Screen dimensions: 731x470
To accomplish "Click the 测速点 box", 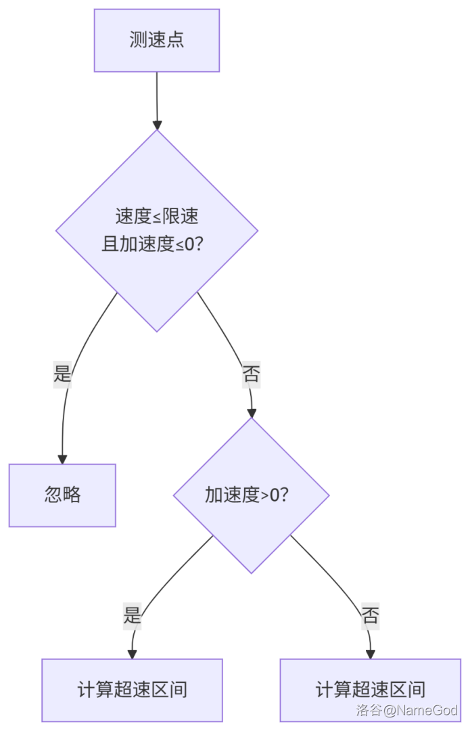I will [157, 40].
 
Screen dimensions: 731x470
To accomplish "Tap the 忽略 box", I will [62, 495].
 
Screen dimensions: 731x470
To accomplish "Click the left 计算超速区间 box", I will [132, 690].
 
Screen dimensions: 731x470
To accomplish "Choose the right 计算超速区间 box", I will [370, 690].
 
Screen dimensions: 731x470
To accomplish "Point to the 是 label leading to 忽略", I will [62, 373].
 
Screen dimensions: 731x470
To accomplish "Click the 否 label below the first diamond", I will [251, 374].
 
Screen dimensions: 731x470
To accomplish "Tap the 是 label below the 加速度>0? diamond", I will [133, 615].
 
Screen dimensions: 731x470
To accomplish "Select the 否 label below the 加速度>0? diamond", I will [370, 615].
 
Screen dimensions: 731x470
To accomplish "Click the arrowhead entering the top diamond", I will [157, 125].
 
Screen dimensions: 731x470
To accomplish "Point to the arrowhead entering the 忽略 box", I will [62, 459].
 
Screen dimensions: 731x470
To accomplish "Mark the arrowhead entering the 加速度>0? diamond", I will [252, 413].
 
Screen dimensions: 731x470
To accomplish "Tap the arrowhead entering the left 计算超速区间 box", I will [132, 654].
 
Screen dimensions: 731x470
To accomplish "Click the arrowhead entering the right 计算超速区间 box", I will [370, 654].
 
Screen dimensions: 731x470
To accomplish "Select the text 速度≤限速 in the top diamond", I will [157, 217].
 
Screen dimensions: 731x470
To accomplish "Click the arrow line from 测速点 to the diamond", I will [157, 95].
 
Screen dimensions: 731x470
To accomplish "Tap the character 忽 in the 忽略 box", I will [53, 495].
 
